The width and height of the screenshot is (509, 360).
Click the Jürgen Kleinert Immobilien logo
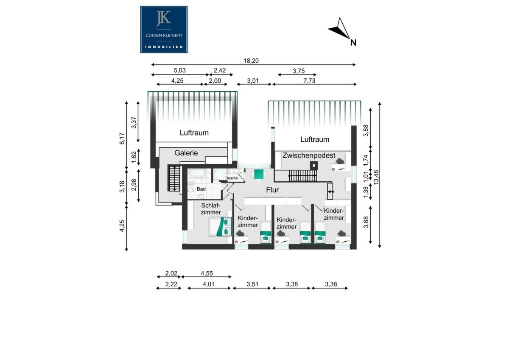point(164,30)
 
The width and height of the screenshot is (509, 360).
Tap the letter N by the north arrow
point(353,43)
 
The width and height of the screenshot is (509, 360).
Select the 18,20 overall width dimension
point(251,61)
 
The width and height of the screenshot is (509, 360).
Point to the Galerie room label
point(186,153)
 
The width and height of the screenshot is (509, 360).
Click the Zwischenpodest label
point(309,155)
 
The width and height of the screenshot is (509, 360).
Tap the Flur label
point(272,190)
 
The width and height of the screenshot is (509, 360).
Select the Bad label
point(201,189)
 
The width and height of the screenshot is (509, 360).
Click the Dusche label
point(231,178)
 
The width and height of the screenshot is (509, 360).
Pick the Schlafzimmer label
point(211,209)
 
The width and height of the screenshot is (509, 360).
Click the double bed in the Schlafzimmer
point(220,227)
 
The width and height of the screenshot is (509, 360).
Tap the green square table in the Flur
point(259,174)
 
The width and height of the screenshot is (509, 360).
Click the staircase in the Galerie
point(174,178)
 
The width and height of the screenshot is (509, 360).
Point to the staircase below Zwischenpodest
point(303,176)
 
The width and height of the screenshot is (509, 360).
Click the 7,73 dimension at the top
point(309,81)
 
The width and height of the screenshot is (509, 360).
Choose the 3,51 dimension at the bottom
point(252,284)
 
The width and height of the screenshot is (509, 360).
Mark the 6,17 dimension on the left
point(122,138)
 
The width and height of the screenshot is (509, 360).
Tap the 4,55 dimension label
point(207,273)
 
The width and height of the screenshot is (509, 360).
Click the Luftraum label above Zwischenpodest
point(315,139)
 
